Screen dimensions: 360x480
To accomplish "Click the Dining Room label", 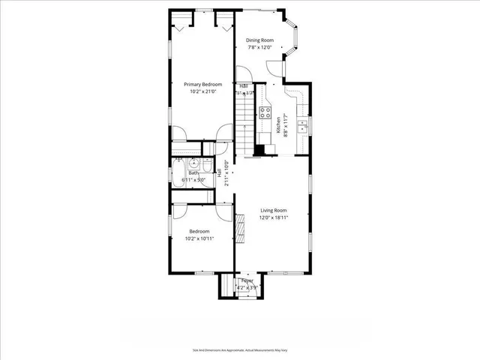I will point(261,40).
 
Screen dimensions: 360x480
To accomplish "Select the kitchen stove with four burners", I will point(265,113).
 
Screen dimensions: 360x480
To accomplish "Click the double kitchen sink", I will point(302,125).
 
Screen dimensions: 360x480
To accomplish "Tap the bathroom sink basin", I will point(193,163).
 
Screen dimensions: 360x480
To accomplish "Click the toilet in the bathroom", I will point(208,163).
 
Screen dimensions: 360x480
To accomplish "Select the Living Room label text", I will point(274,211).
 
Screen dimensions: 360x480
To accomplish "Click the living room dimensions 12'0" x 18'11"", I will point(274,218).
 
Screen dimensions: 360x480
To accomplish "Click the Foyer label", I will point(247,280).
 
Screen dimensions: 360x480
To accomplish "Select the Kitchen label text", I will point(278,124).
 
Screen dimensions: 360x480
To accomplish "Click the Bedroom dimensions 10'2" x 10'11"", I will point(199,238).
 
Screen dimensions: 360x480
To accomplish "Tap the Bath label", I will point(193,173).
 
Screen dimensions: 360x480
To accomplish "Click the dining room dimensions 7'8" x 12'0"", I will point(261,47).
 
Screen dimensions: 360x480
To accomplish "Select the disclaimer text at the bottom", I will point(240,349).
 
